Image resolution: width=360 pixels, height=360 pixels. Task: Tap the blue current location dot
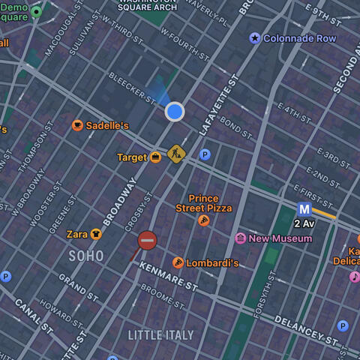[175, 112]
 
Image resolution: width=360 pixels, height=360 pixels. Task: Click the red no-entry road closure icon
[147, 240]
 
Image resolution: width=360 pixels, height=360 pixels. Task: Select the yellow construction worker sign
[176, 154]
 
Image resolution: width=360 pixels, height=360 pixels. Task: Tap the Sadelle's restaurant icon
[77, 125]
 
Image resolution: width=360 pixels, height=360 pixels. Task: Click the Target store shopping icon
[155, 157]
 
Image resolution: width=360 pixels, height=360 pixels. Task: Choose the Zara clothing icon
[96, 234]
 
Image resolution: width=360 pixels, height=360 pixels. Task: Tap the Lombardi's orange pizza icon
[178, 262]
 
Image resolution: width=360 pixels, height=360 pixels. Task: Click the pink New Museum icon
[240, 238]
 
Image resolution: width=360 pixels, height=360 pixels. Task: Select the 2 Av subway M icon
[304, 209]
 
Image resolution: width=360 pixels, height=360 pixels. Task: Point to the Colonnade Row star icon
[255, 38]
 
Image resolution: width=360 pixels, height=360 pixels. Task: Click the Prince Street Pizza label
[204, 203]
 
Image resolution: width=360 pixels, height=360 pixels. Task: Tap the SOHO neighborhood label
[86, 256]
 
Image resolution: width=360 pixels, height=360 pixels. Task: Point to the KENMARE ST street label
[168, 276]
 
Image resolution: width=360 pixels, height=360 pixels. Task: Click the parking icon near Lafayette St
[205, 154]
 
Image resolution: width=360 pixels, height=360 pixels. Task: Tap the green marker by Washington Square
[36, 12]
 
